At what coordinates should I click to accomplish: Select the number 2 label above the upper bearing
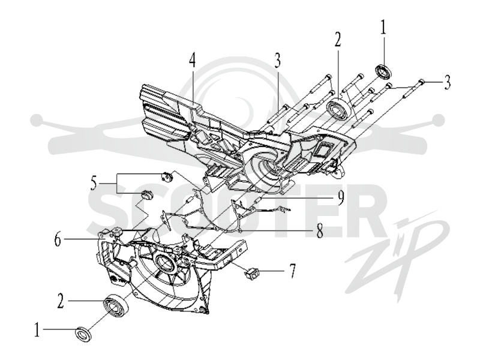[337, 40]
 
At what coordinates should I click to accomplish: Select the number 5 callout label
[94, 184]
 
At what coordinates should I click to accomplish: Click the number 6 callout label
[58, 239]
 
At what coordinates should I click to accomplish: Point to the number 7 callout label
[293, 271]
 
